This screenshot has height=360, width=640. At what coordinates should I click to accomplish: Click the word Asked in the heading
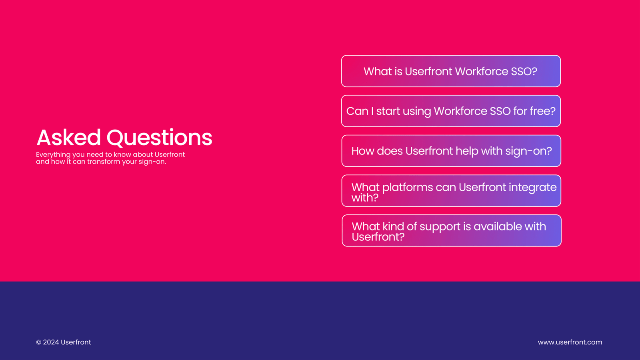tap(68, 138)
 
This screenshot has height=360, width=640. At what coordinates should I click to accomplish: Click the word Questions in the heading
tap(160, 138)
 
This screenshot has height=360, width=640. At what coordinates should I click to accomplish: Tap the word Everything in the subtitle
tap(53, 155)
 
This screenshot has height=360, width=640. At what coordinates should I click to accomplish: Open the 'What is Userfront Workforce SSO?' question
tap(451, 71)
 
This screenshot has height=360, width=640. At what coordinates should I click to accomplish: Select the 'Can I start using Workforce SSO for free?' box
tap(451, 111)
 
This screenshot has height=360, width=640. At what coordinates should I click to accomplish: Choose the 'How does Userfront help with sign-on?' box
tap(451, 151)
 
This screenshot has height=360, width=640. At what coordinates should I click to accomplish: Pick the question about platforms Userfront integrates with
tap(451, 190)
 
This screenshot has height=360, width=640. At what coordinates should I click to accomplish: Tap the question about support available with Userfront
tap(452, 230)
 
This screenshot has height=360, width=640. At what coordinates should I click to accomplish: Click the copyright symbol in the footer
tap(38, 342)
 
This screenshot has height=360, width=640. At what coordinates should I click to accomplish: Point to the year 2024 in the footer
tap(51, 342)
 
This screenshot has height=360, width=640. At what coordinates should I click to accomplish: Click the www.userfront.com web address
tap(570, 342)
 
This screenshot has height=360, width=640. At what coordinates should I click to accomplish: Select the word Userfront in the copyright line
tap(76, 342)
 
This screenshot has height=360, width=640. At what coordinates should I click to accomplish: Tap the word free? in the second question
tap(542, 111)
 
